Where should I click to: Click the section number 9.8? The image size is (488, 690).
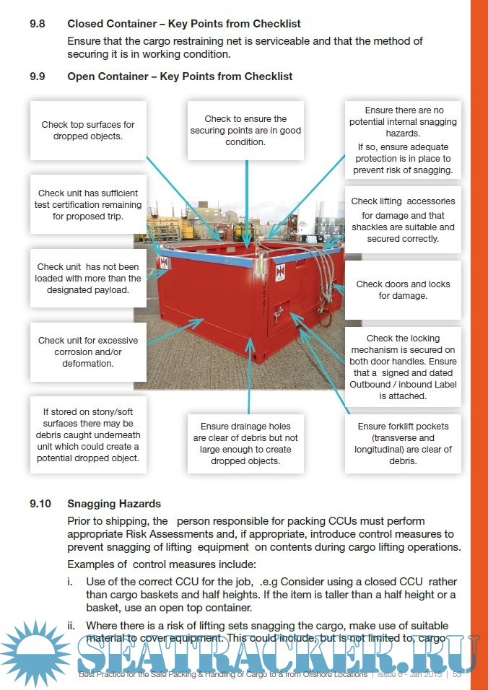click(x=37, y=24)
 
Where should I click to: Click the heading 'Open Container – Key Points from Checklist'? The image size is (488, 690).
click(x=180, y=77)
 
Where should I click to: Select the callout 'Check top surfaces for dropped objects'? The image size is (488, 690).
click(x=87, y=130)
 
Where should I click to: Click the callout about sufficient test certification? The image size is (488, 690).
click(x=87, y=204)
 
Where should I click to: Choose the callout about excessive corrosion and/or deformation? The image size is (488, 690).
click(x=87, y=351)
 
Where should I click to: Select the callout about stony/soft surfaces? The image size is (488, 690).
click(x=87, y=434)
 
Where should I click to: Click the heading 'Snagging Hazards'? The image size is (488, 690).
click(x=114, y=503)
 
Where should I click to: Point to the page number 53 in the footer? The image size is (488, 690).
click(x=456, y=674)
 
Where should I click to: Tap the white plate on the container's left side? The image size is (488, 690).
click(x=164, y=263)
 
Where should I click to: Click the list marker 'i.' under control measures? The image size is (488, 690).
click(x=71, y=581)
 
